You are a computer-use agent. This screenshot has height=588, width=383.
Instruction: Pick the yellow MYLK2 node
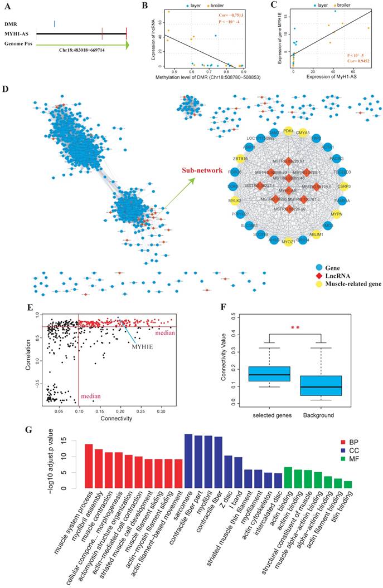(234, 200)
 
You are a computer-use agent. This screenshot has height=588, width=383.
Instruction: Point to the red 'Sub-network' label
(201, 171)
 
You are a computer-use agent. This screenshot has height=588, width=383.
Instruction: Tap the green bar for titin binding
(347, 484)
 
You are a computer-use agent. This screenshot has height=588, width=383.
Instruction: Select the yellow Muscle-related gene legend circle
(320, 283)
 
